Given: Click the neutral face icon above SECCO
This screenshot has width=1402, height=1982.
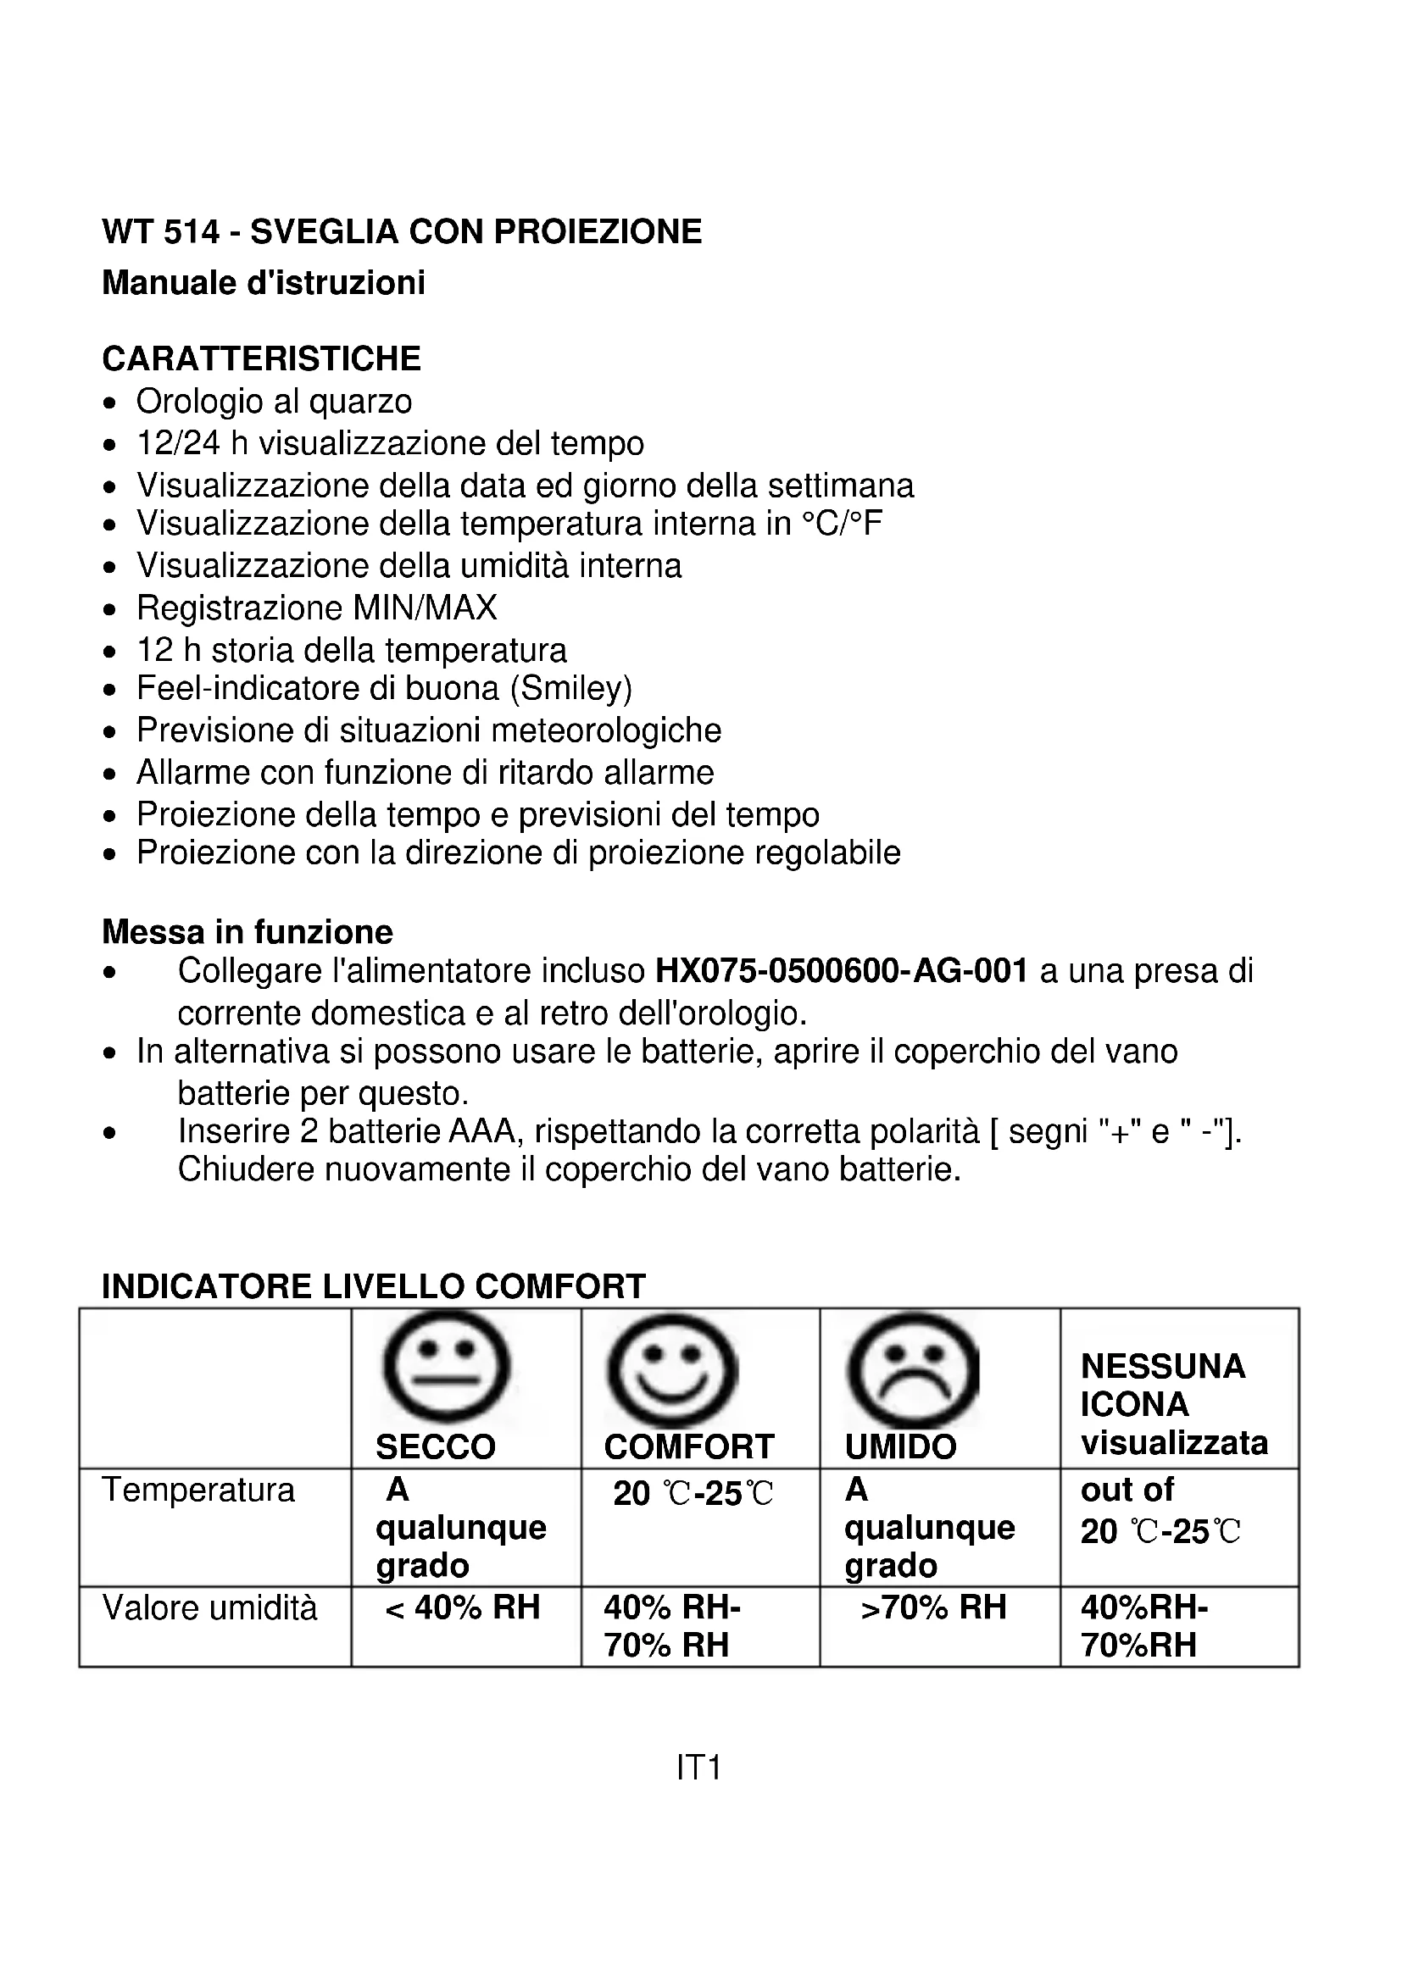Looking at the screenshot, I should pos(447,1368).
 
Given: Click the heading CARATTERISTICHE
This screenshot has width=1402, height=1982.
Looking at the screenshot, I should pos(262,358).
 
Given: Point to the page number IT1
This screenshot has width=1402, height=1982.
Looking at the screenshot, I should pos(698,1768).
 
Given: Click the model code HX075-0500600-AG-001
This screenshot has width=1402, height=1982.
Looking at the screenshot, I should pos(842,971).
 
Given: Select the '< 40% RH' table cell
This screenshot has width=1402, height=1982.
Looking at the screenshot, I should pos(464,1608).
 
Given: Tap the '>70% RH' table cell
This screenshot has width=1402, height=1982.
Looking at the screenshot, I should pos(934,1608).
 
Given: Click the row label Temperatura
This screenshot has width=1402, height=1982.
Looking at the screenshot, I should pos(198,1491).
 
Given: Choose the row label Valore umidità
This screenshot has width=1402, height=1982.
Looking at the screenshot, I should pos(209,1608).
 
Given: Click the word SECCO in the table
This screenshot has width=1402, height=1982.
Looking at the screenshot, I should pos(436,1447).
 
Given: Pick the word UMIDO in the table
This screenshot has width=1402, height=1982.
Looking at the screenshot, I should pos(900,1447).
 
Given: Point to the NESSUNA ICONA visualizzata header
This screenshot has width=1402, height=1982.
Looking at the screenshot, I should pos(1174,1404).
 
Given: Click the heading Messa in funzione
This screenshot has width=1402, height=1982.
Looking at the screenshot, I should pos(248,932).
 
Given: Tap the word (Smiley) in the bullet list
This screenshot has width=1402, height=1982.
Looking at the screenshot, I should pos(571,689).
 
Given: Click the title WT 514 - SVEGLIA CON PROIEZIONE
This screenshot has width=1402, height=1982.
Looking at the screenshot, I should pos(403,231).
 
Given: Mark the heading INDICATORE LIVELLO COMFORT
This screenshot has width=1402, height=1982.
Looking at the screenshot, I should pos(374,1286).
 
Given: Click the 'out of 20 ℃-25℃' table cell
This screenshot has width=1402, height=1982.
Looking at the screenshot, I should pos(1160,1511).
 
